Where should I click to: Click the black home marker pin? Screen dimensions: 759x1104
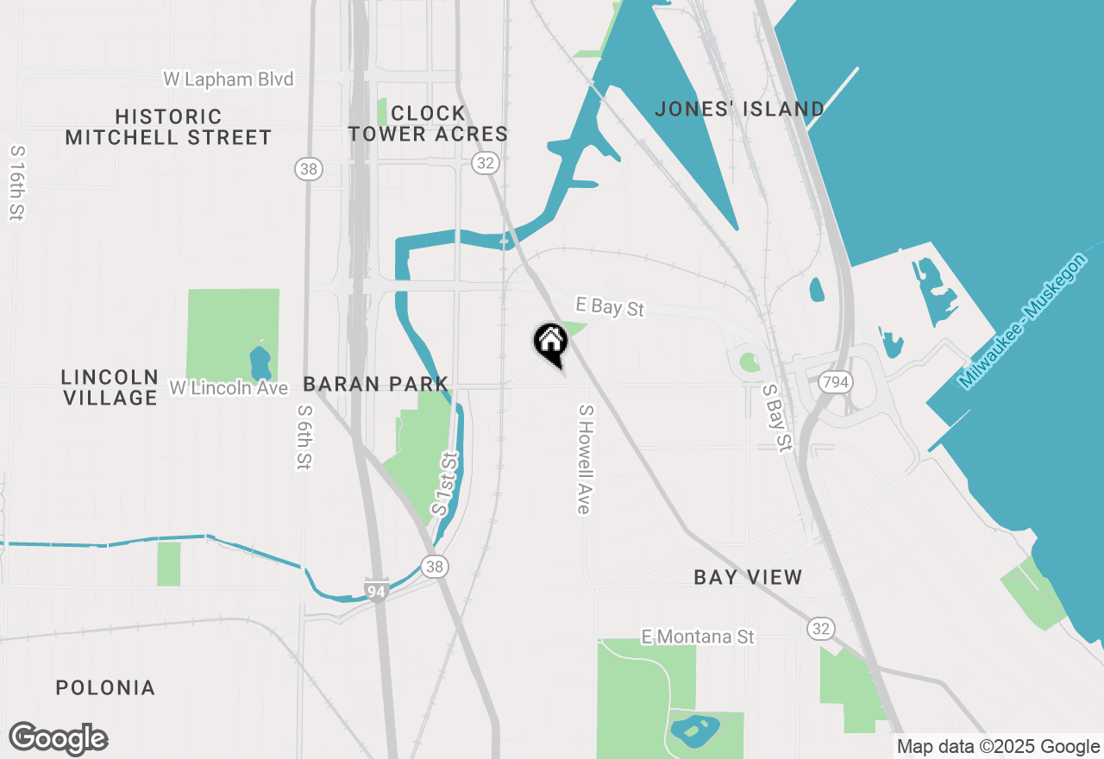[x=550, y=343]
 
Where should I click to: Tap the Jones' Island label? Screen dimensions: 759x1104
[x=739, y=109]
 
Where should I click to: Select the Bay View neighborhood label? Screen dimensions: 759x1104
[x=748, y=577]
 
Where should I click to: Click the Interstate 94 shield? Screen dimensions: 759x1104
[x=375, y=590]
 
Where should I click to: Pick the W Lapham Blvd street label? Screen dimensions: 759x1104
[x=229, y=79]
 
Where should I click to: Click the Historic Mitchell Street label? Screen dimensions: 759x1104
[x=168, y=127]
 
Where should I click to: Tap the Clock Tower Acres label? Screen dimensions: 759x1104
[x=428, y=123]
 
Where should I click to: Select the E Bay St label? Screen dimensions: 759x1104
[x=610, y=306]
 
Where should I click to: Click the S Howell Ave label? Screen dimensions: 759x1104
[x=585, y=460]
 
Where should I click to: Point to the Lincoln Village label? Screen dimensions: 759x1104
[x=110, y=387]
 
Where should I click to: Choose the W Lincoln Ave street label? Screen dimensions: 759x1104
[x=228, y=388]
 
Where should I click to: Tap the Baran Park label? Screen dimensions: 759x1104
[x=375, y=384]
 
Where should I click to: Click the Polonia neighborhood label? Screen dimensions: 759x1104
[x=105, y=687]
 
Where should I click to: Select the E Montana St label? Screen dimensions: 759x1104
[x=698, y=637]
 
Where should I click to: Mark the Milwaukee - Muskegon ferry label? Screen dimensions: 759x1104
[x=1023, y=320]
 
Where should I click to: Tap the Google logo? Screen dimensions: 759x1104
[x=59, y=738]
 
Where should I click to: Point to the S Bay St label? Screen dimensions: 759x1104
[x=776, y=418]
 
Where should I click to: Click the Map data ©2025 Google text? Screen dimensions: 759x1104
[x=998, y=747]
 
